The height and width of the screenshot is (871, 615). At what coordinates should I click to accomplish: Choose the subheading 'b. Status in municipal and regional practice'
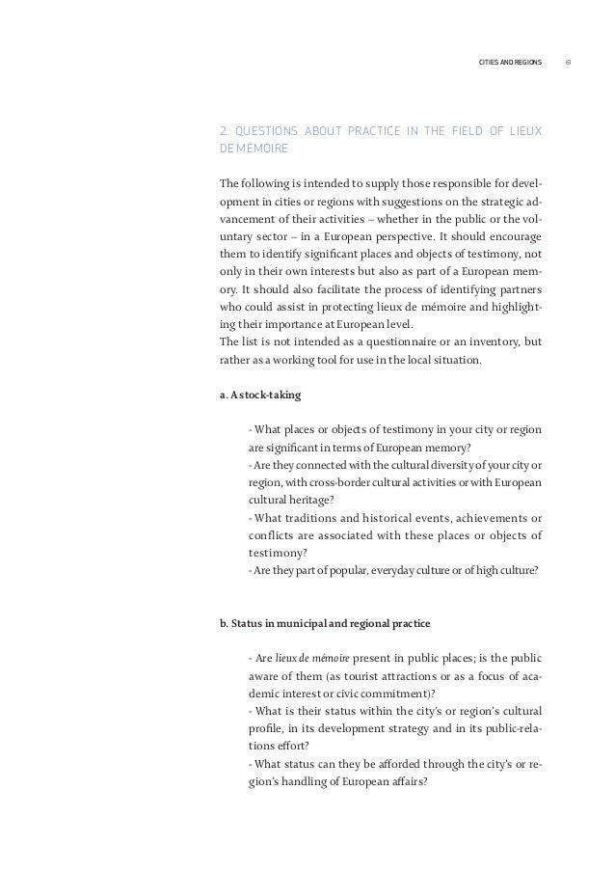pyautogui.click(x=325, y=622)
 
